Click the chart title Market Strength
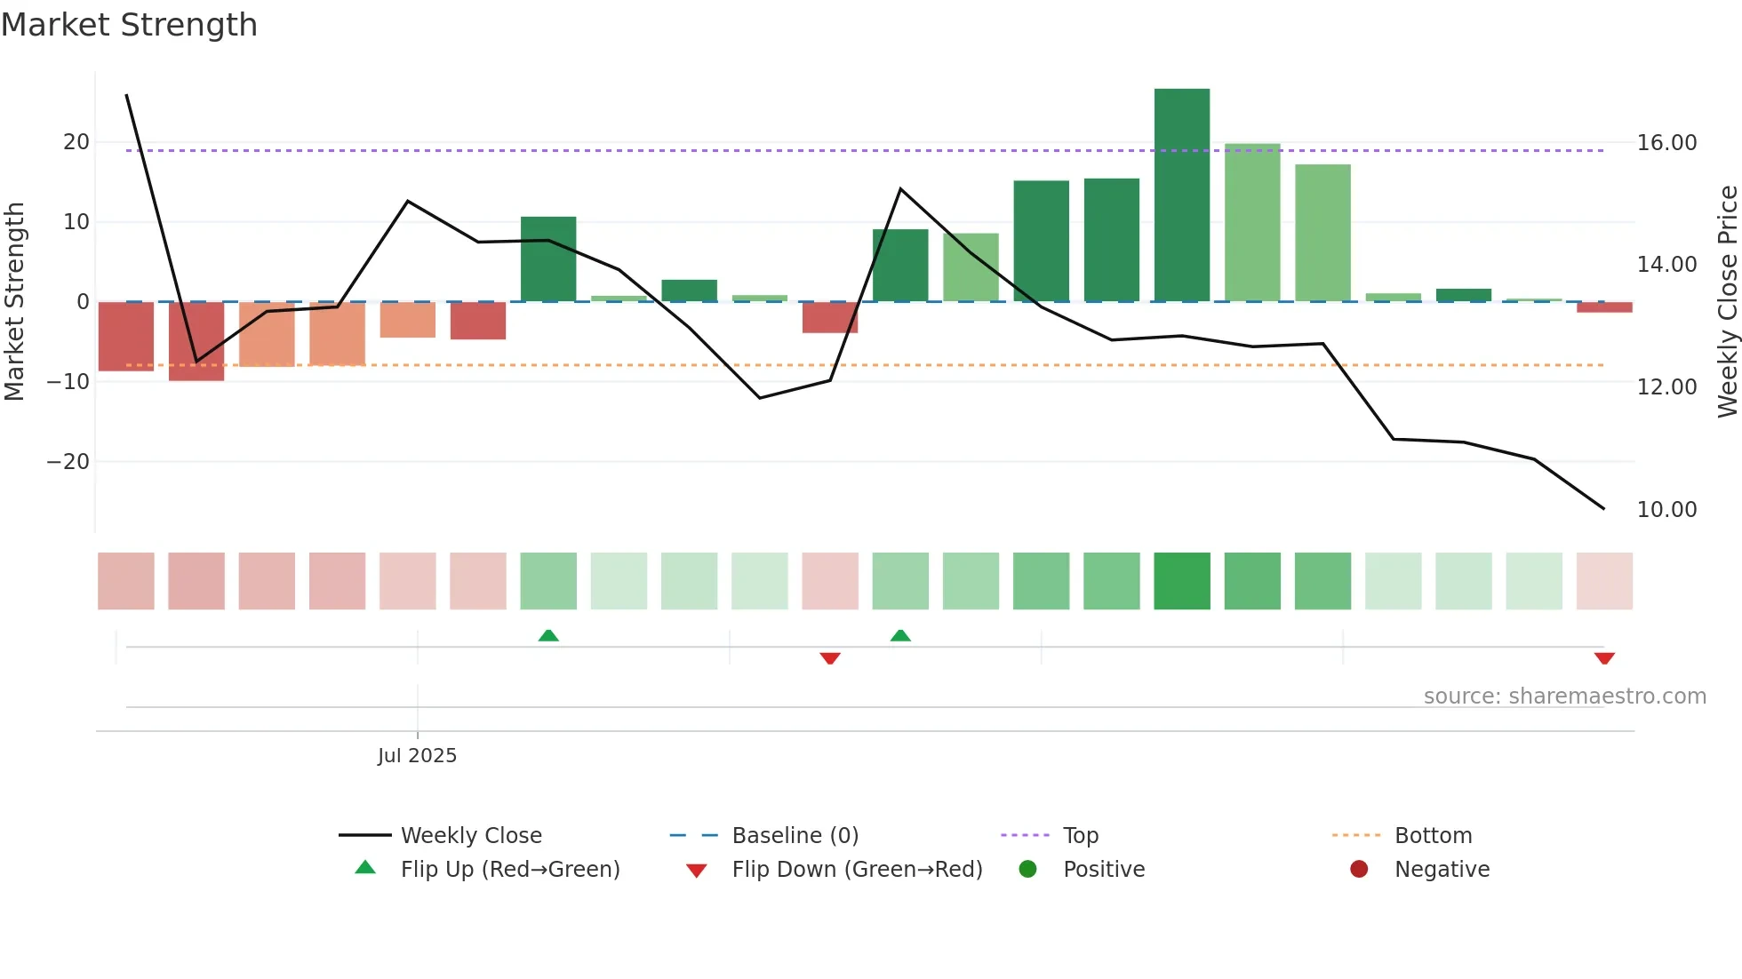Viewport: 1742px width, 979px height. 129,25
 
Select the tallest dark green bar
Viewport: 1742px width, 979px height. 1181,195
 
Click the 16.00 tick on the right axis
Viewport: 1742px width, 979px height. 1666,143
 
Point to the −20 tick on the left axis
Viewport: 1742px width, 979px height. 68,462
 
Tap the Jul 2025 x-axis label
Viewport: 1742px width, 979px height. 417,756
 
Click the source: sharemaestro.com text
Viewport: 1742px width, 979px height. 1564,696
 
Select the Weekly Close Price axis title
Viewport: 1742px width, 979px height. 1727,302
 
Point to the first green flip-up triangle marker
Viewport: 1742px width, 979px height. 548,635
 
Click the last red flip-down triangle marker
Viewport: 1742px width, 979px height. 1604,658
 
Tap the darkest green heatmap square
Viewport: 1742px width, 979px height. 1181,581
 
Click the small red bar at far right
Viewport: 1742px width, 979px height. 1604,307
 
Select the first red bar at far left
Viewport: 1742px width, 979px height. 126,336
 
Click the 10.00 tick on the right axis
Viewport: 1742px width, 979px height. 1666,510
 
